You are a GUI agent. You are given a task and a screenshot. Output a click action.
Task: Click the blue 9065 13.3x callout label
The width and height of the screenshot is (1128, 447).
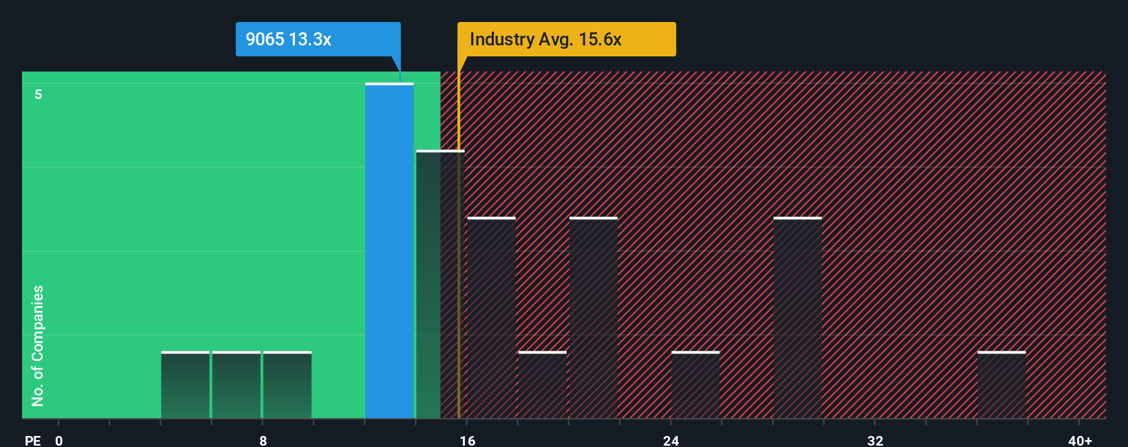pyautogui.click(x=317, y=39)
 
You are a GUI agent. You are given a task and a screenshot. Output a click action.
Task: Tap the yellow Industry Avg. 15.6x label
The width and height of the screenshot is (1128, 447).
pyautogui.click(x=566, y=39)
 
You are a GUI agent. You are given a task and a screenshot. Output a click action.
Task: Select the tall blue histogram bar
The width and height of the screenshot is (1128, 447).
pyautogui.click(x=389, y=251)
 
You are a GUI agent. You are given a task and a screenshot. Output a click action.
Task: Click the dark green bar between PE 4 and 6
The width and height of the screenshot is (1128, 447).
pyautogui.click(x=185, y=385)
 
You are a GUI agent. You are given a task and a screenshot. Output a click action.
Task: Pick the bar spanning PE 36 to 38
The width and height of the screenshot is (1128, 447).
pyautogui.click(x=1001, y=385)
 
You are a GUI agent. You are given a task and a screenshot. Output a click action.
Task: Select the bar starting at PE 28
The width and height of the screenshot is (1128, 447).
pyautogui.click(x=797, y=318)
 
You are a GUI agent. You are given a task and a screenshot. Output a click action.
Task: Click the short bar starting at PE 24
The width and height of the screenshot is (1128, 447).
pyautogui.click(x=695, y=385)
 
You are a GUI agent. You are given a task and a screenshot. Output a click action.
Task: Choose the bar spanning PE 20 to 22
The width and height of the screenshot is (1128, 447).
pyautogui.click(x=594, y=318)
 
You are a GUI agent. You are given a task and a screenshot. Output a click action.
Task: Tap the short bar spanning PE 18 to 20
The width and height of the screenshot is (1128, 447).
pyautogui.click(x=543, y=385)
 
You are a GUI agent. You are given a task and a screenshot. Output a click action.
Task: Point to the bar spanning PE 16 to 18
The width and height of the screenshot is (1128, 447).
pyautogui.click(x=491, y=318)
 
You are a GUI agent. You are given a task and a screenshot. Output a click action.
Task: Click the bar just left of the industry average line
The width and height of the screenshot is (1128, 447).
pyautogui.click(x=437, y=285)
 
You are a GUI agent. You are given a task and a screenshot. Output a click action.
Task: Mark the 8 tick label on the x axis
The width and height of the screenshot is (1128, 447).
pyautogui.click(x=263, y=441)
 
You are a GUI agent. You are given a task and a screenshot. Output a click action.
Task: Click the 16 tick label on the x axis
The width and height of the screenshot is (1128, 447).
pyautogui.click(x=467, y=441)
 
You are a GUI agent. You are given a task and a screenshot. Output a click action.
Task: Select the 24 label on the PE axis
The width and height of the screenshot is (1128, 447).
pyautogui.click(x=671, y=441)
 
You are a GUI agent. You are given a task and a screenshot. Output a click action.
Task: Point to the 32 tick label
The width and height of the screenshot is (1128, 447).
pyautogui.click(x=875, y=441)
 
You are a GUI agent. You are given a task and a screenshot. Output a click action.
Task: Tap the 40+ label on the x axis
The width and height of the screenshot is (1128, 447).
pyautogui.click(x=1080, y=441)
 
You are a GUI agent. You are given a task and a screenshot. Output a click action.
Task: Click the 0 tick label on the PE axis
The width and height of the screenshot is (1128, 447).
pyautogui.click(x=59, y=441)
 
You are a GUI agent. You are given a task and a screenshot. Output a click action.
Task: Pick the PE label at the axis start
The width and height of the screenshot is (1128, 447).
pyautogui.click(x=32, y=441)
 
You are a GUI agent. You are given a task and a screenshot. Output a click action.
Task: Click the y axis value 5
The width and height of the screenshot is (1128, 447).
pyautogui.click(x=39, y=94)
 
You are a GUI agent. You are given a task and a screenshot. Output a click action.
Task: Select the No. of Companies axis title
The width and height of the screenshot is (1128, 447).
pyautogui.click(x=38, y=345)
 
